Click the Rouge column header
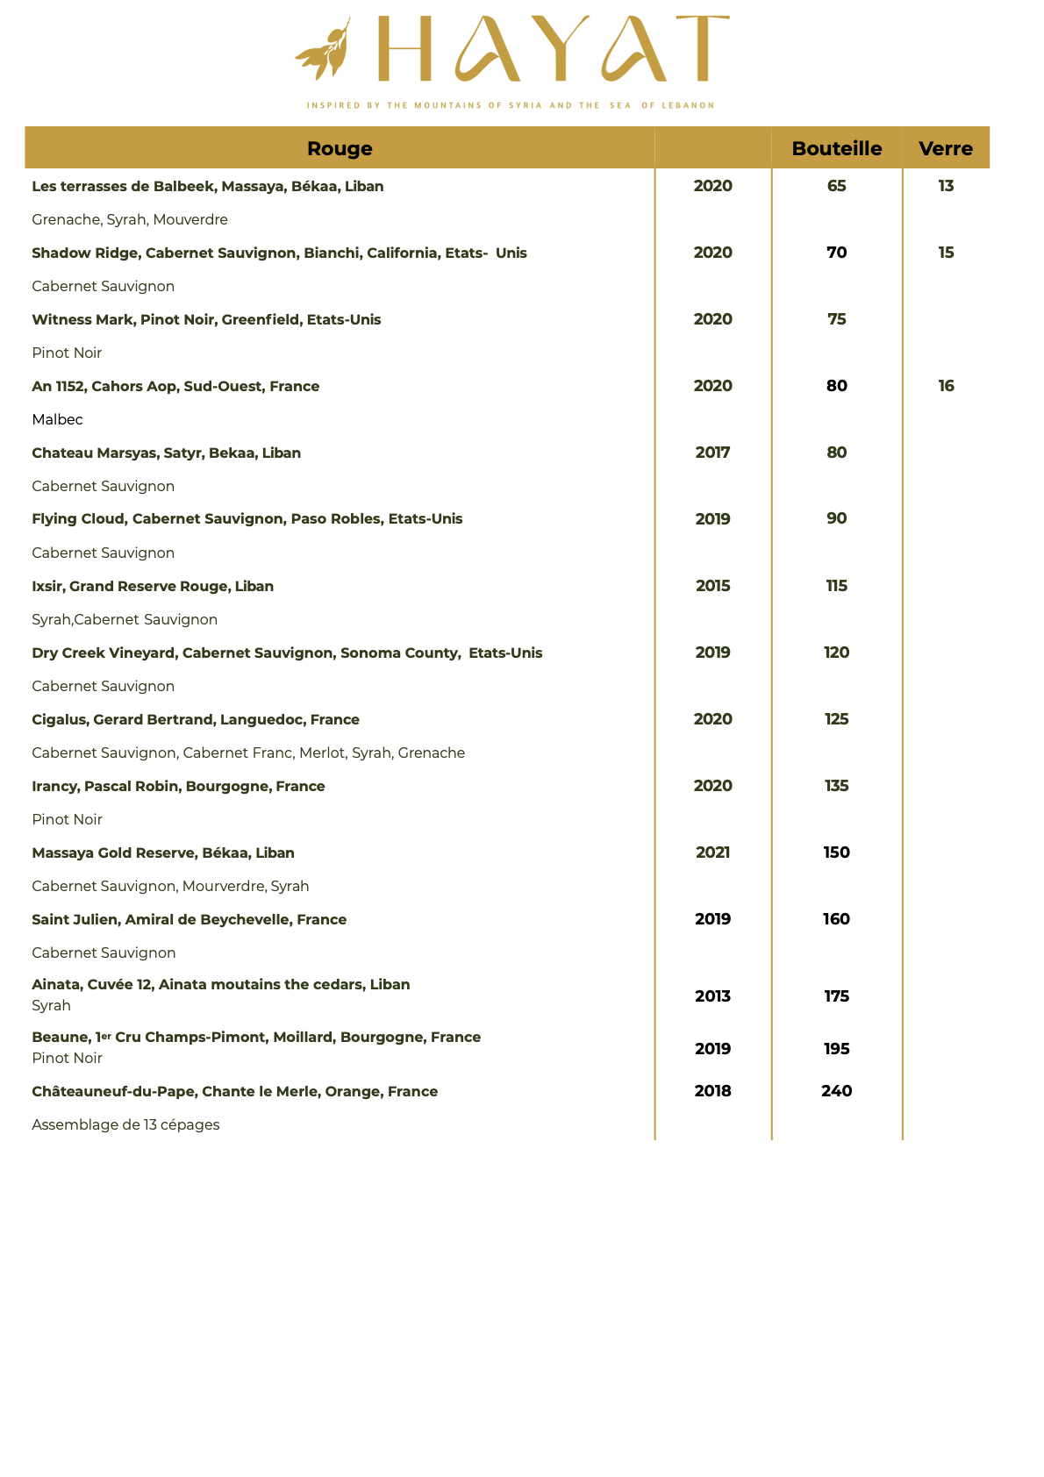pyautogui.click(x=340, y=148)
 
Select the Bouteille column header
pyautogui.click(x=836, y=148)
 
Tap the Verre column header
pyautogui.click(x=945, y=148)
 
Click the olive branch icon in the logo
pyautogui.click(x=323, y=50)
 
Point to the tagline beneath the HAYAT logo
pyautogui.click(x=510, y=105)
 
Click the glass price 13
pyautogui.click(x=945, y=186)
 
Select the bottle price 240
pyautogui.click(x=836, y=1091)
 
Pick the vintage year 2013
pyautogui.click(x=712, y=996)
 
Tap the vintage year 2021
pyautogui.click(x=712, y=853)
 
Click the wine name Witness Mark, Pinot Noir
pyautogui.click(x=206, y=319)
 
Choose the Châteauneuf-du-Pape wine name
pyautogui.click(x=234, y=1091)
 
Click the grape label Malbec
pyautogui.click(x=57, y=419)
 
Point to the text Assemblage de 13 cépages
pyautogui.click(x=125, y=1124)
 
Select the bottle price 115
pyautogui.click(x=836, y=586)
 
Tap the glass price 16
pyautogui.click(x=945, y=386)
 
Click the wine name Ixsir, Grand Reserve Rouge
pyautogui.click(x=153, y=586)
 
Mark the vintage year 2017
pyautogui.click(x=712, y=453)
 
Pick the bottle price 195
pyautogui.click(x=836, y=1049)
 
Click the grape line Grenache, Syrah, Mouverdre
pyautogui.click(x=130, y=219)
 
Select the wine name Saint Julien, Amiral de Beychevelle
pyautogui.click(x=189, y=919)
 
